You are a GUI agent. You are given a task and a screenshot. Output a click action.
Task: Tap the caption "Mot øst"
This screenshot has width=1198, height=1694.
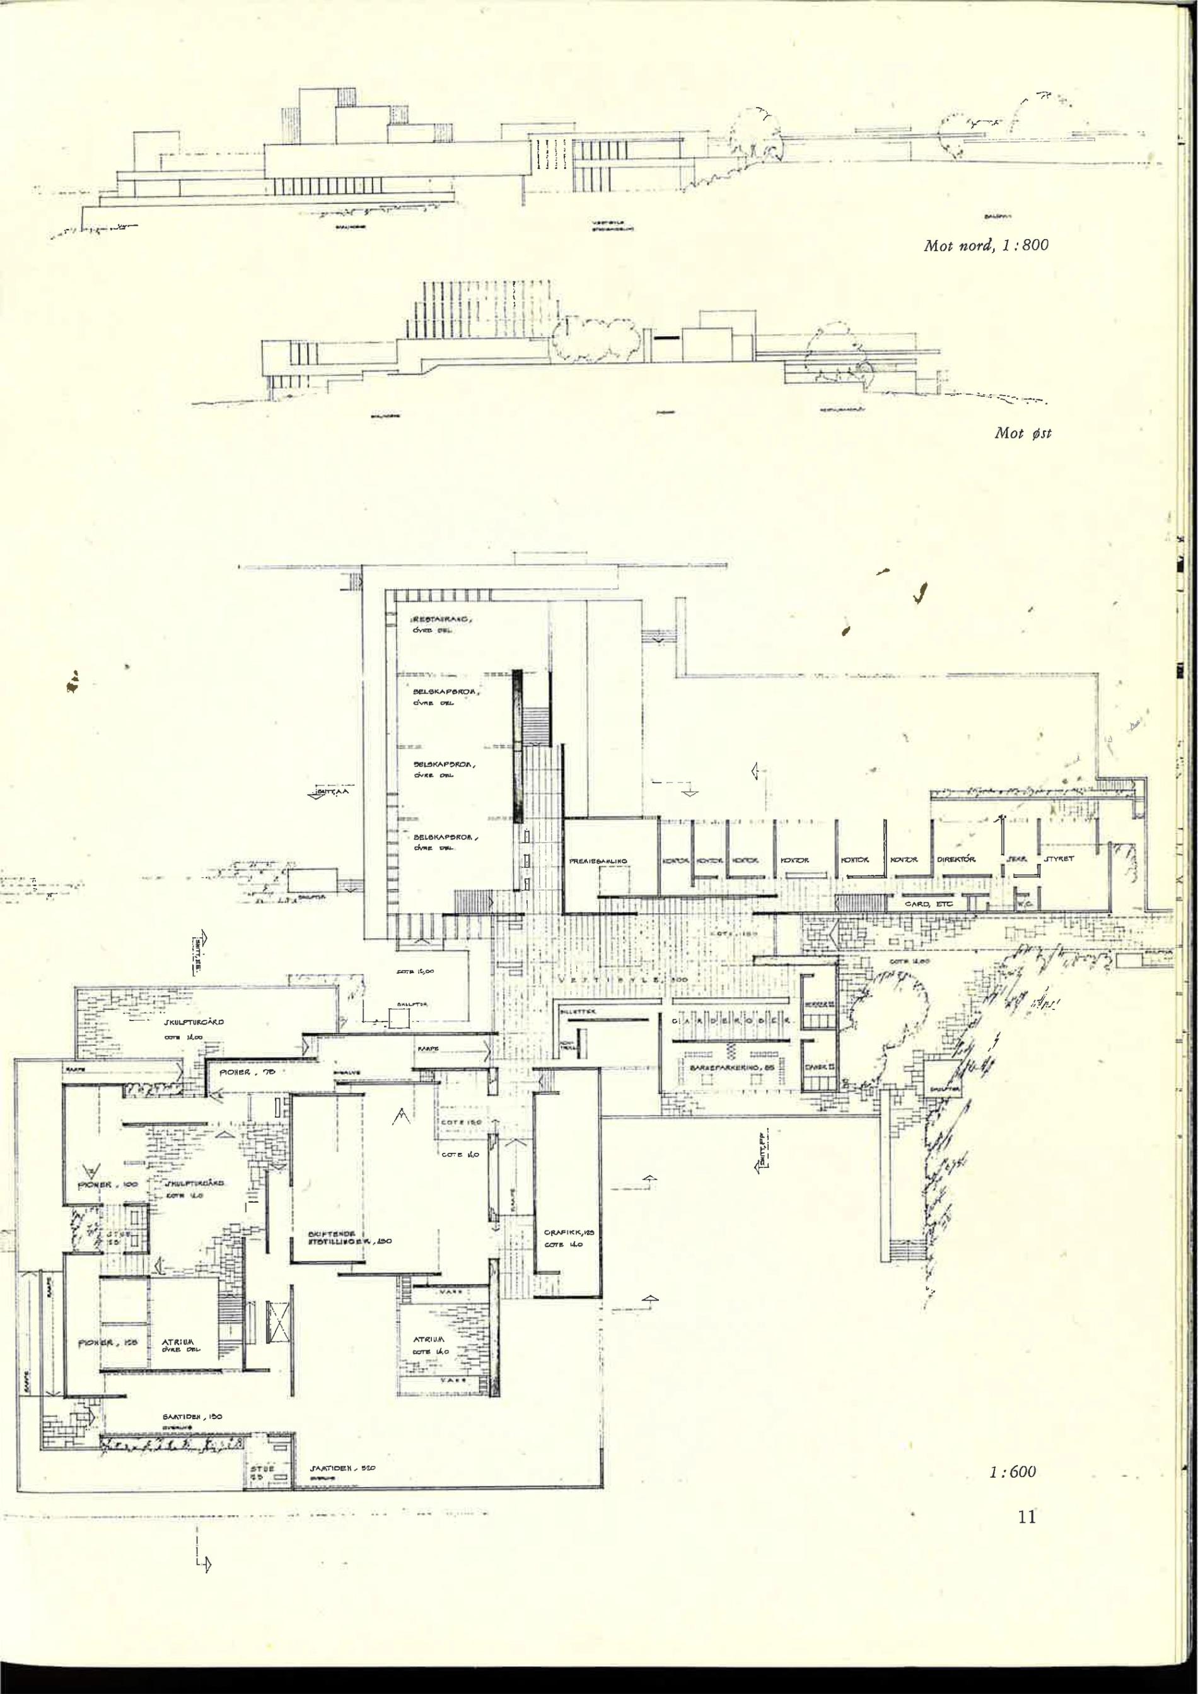(x=1023, y=433)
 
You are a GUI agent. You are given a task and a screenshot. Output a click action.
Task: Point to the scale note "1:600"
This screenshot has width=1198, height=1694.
(x=1012, y=1471)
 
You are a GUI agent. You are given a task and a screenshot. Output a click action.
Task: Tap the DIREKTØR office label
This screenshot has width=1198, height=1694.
(x=957, y=860)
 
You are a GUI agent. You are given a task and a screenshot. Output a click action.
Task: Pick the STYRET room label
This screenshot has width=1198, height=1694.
(x=1059, y=860)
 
